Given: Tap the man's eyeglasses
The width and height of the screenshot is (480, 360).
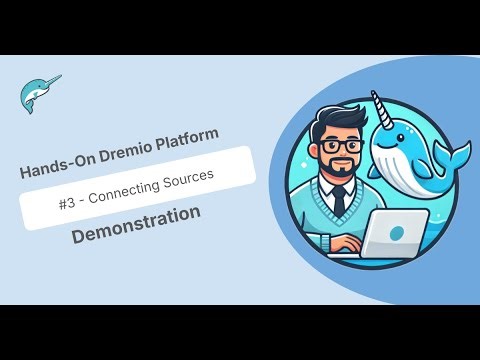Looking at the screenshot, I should tap(343, 146).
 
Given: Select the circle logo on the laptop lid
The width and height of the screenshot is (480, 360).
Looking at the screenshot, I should tap(398, 232).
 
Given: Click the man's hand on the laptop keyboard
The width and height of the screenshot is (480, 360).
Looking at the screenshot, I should tap(346, 244).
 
